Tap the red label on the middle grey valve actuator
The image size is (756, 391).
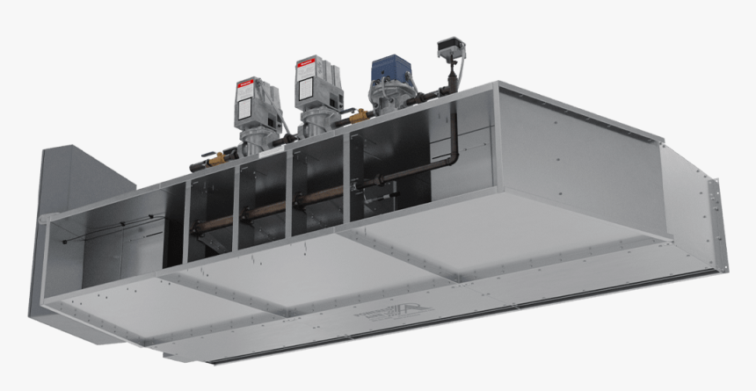click(x=307, y=64)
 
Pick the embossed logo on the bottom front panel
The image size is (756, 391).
click(x=387, y=319)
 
